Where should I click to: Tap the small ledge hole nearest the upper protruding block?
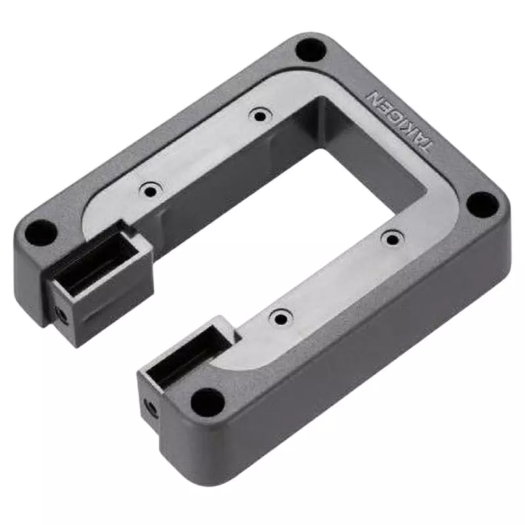[x=152, y=191]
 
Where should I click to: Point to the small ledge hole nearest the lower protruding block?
[x=281, y=319]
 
